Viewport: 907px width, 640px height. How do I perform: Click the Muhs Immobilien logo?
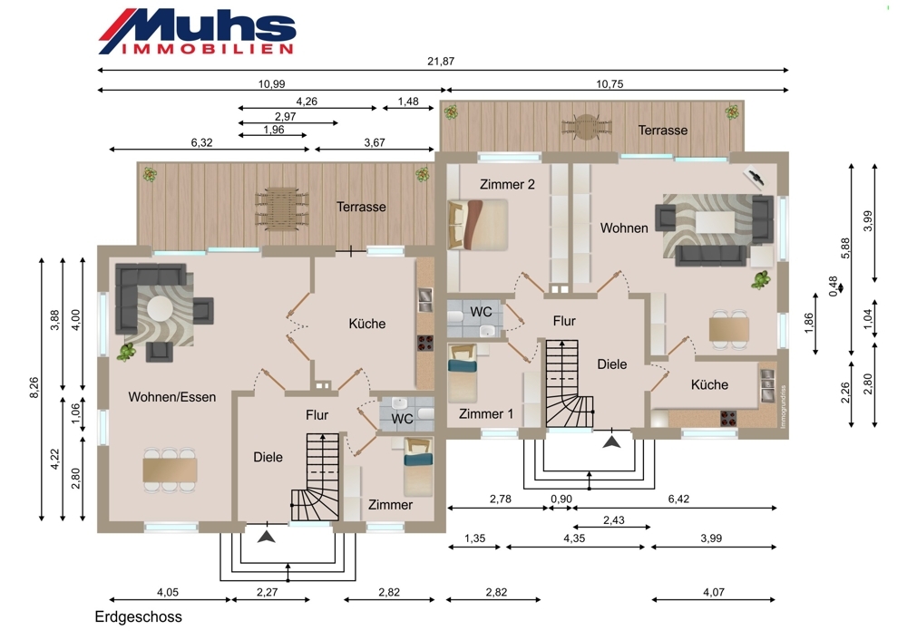pos(197,32)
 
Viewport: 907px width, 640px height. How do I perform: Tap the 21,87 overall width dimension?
pos(441,61)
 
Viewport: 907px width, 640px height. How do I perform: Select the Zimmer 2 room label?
pos(507,184)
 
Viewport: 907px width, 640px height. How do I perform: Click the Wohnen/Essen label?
pos(171,397)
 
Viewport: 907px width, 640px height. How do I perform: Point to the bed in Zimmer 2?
pos(478,224)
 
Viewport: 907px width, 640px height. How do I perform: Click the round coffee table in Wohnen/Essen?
pos(160,309)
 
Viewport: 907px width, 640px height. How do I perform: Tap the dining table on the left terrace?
pos(282,208)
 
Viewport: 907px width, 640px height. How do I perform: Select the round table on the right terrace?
pos(587,127)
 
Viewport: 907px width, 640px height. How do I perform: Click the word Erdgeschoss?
pos(138,616)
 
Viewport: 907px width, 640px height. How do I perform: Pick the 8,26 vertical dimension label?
pos(34,387)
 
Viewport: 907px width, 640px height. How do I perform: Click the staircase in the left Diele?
pos(316,477)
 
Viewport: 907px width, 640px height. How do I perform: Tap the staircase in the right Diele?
pos(570,383)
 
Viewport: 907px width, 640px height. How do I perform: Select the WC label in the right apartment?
pos(481,312)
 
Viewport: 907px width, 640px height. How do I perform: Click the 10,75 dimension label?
pos(610,83)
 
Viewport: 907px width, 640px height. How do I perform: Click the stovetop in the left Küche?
pos(425,343)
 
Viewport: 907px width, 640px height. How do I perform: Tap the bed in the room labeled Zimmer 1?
pos(463,372)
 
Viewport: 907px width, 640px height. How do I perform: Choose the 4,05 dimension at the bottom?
pos(168,592)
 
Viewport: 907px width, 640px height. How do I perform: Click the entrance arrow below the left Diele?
pos(266,536)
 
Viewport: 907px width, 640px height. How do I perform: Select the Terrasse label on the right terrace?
pos(663,130)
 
